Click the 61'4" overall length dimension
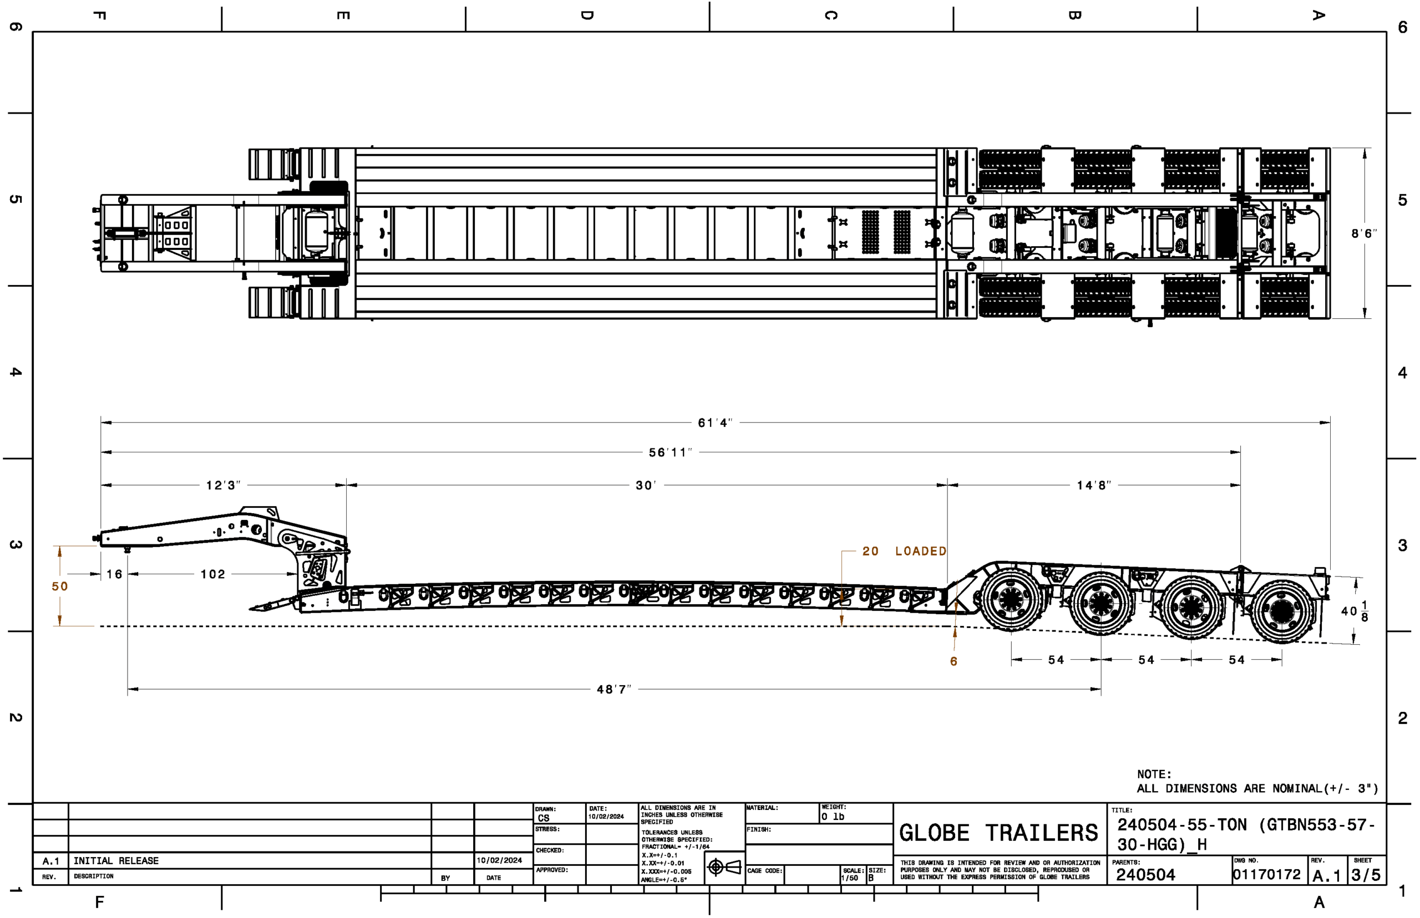(x=714, y=422)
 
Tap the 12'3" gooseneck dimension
(x=223, y=485)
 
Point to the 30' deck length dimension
(x=646, y=485)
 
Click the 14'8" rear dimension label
(x=1093, y=485)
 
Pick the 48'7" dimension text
(x=613, y=689)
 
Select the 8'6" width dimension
(x=1365, y=234)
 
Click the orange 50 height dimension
(x=60, y=586)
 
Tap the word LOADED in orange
(x=920, y=552)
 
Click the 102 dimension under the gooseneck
(x=212, y=574)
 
